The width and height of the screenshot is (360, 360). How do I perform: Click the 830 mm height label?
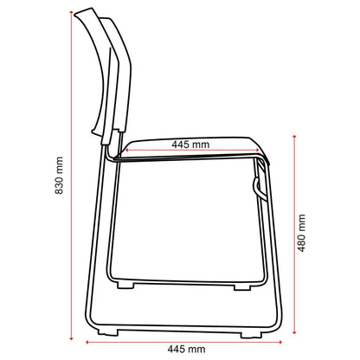[x=59, y=176]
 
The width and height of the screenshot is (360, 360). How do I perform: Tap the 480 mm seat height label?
[x=301, y=233]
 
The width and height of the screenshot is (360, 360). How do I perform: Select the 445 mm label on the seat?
[x=190, y=145]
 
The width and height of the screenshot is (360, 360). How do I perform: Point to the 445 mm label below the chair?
[x=186, y=350]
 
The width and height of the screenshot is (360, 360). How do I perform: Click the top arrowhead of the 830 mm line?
[x=71, y=12]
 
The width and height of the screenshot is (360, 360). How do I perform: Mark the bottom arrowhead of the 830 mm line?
[x=71, y=337]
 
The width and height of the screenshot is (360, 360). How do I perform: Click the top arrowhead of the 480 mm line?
[x=294, y=136]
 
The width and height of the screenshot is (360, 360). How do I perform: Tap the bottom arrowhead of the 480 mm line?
[x=294, y=331]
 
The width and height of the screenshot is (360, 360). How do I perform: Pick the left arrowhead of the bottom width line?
[x=87, y=343]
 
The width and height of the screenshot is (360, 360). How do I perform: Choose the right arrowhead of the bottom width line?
[x=280, y=343]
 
